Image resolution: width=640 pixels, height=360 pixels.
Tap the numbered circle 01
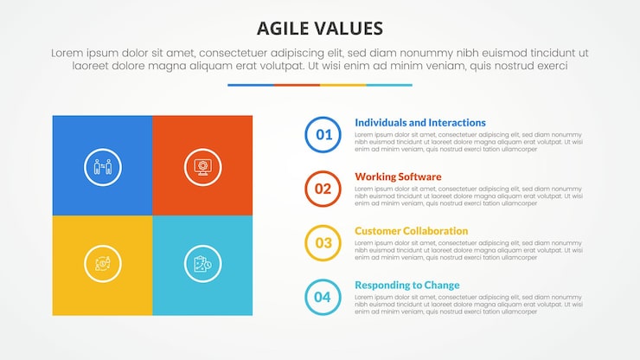point(323,134)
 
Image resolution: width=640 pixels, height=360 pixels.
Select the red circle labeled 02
point(323,189)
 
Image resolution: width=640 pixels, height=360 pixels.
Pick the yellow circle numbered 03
point(323,243)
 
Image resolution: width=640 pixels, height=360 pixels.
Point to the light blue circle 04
point(323,298)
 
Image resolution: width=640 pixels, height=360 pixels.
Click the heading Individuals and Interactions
point(420,123)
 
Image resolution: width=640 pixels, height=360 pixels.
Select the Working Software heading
point(398,177)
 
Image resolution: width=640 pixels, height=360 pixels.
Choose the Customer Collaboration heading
point(412,231)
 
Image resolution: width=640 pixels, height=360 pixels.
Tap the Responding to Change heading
point(407,286)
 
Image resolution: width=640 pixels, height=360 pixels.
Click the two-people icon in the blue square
point(102,166)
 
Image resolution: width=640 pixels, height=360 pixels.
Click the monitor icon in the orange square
point(202,166)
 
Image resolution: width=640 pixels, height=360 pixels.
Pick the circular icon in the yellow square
point(102,264)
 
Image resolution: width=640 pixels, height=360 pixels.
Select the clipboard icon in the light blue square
point(202,264)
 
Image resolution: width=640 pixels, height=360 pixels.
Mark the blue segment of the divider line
point(250,85)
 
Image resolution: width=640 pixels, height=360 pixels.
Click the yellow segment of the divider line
point(342,85)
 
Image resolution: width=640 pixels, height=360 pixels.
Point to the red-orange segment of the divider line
point(297,85)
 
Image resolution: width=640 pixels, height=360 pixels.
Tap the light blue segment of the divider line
point(389,85)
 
